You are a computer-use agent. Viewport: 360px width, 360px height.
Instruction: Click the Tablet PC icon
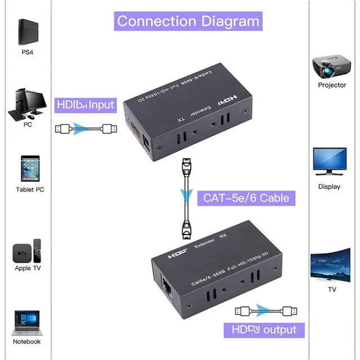pos(29,170)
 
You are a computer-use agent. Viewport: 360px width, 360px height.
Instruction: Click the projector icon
pos(331,66)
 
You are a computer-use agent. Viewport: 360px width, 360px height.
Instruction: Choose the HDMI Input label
pos(85,105)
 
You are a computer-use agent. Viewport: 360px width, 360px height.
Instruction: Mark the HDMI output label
pos(264,330)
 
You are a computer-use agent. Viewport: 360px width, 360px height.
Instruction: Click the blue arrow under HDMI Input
pos(85,129)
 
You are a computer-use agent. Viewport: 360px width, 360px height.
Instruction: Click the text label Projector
pos(332,85)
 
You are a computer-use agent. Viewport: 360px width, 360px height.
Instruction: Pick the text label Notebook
pos(27,341)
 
